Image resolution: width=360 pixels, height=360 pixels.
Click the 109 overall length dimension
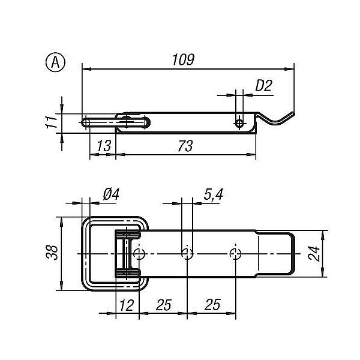(x=184, y=59)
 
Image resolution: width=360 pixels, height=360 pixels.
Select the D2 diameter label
(x=263, y=86)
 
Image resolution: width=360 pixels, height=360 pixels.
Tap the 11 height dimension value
(x=52, y=122)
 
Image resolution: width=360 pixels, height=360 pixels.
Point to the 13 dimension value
(x=103, y=146)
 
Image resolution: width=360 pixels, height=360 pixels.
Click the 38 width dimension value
(x=52, y=253)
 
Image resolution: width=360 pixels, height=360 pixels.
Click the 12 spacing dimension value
(x=126, y=305)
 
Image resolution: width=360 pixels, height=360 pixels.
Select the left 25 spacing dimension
(x=163, y=305)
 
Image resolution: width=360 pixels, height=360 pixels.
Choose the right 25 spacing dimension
(x=211, y=305)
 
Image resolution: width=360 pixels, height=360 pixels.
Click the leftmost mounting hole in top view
(x=139, y=254)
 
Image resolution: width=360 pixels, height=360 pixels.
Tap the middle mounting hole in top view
(x=187, y=254)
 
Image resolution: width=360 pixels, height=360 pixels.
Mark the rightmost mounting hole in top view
(x=235, y=254)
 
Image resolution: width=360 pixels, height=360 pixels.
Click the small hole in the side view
(x=239, y=123)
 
